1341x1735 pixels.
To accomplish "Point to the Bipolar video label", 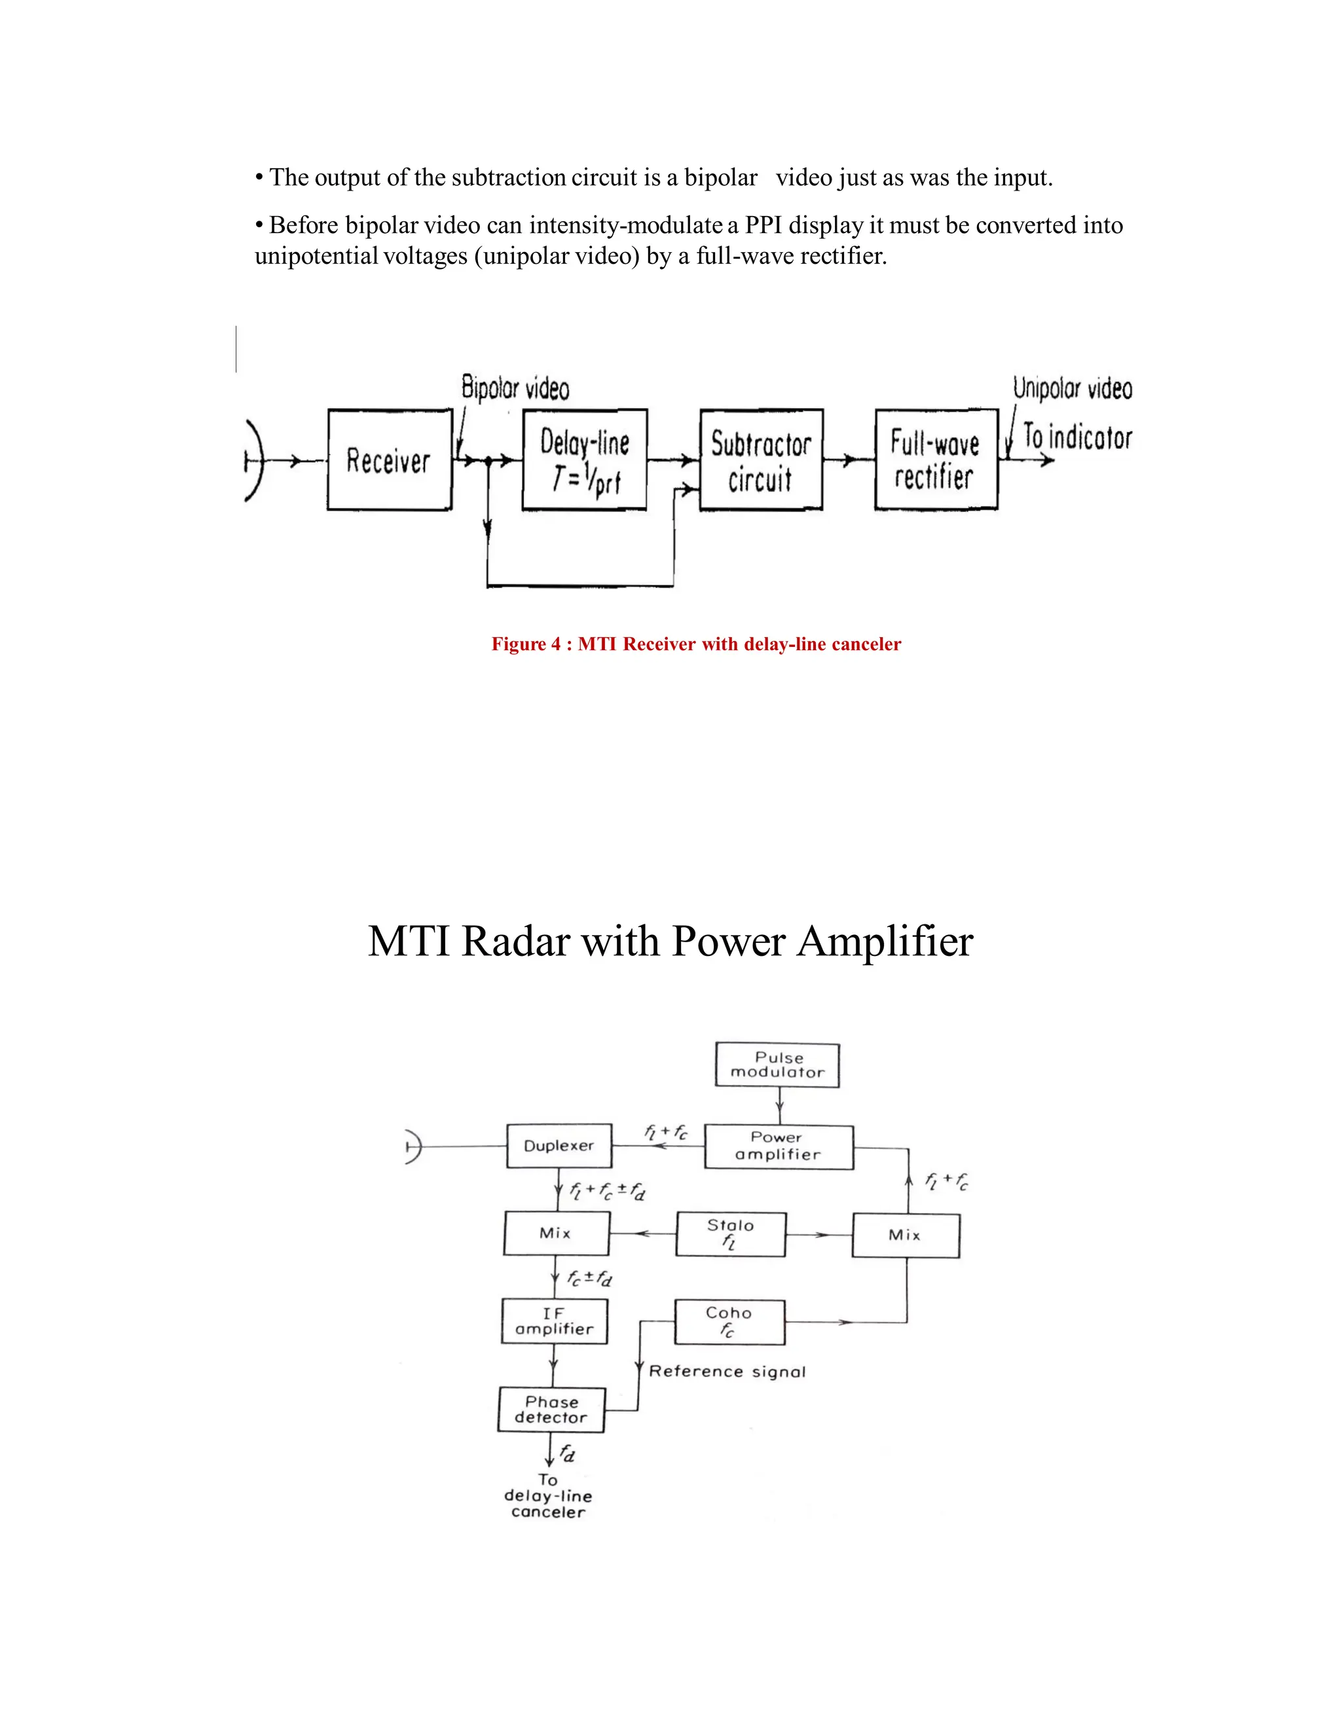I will click(515, 388).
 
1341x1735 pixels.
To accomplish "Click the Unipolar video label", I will click(1072, 388).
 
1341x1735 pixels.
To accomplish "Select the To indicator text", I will click(1076, 437).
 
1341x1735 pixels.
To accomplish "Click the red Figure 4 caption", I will click(696, 644).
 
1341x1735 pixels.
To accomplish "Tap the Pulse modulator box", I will click(778, 1065).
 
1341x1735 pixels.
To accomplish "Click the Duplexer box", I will click(559, 1146).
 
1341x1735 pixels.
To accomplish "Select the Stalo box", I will click(730, 1233).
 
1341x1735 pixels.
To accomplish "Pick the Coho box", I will click(729, 1321).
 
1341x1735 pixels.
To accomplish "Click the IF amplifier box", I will click(555, 1321).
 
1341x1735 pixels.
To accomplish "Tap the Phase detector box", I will click(551, 1410).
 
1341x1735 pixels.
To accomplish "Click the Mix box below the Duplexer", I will click(556, 1233).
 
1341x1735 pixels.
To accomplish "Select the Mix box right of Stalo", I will click(906, 1235).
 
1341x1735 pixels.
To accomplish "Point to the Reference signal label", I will click(727, 1372).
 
